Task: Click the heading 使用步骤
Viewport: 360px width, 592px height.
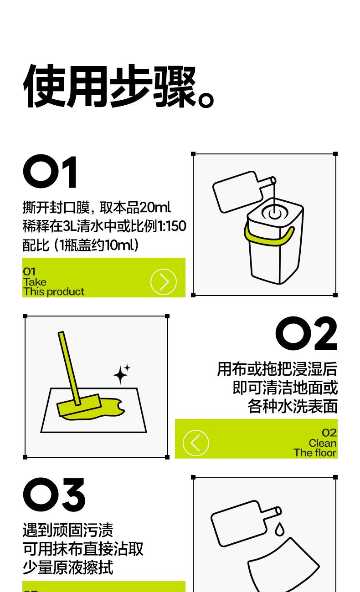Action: coord(118,86)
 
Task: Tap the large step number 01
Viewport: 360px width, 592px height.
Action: coord(50,172)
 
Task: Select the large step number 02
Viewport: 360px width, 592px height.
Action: coord(306,333)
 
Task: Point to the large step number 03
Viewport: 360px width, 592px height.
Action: coord(54,495)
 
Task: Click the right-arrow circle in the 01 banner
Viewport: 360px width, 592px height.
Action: coord(164,282)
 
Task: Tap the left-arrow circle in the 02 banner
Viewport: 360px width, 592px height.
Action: coord(196,443)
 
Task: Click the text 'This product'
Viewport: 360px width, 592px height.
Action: coord(53,292)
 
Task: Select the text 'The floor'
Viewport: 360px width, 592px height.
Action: coord(315,453)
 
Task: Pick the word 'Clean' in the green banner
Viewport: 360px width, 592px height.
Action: coord(323,443)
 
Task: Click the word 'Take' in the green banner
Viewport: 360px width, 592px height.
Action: coord(35,282)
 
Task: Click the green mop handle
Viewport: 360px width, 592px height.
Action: coord(69,368)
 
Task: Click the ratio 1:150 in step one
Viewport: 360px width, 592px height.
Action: coord(172,226)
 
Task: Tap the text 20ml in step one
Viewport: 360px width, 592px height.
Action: coord(155,208)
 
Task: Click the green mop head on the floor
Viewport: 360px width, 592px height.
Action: coord(79,405)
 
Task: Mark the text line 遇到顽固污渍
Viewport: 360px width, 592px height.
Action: coord(68,530)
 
